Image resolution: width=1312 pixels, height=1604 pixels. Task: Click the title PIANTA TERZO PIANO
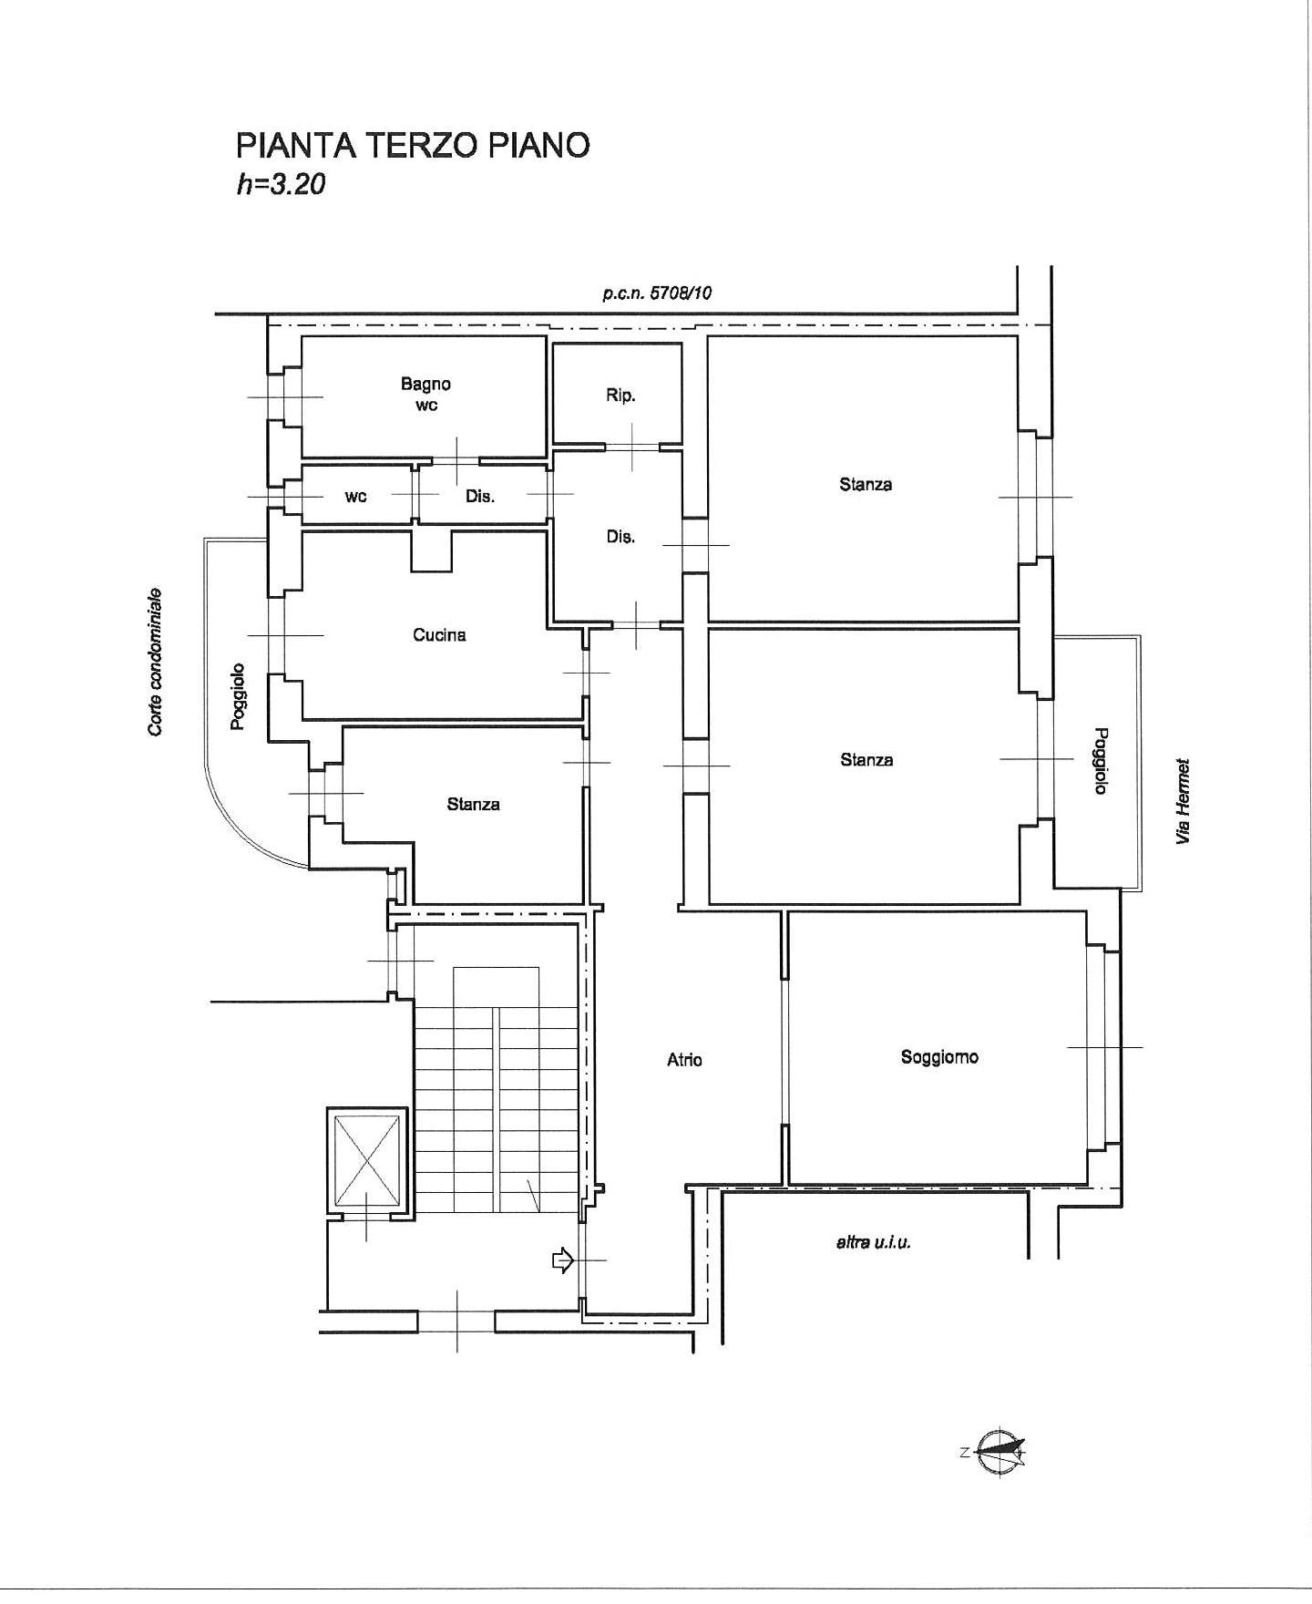[x=413, y=146]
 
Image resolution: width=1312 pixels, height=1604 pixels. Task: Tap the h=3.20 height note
[x=281, y=185]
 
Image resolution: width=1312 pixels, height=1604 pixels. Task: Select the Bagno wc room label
[x=426, y=395]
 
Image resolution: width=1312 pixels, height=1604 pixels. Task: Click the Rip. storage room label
[x=620, y=396]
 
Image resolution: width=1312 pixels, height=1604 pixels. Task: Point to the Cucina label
[x=439, y=634]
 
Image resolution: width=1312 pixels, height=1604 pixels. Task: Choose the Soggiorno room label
[x=939, y=1057]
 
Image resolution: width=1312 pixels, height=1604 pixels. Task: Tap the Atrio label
[x=684, y=1059]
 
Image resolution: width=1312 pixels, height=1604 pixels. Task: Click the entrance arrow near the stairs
[x=561, y=1260]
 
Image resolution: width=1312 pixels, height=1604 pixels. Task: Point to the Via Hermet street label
[x=1184, y=801]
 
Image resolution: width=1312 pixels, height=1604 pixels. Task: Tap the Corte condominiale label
[x=156, y=661]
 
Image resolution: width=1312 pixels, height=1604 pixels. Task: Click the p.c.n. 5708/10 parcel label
[x=657, y=293]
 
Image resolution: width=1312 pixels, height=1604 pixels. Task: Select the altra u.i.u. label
[x=873, y=1242]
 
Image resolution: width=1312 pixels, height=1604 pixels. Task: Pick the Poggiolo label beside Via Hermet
[x=1101, y=760]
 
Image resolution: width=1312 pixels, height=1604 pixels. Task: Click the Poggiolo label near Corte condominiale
[x=238, y=695]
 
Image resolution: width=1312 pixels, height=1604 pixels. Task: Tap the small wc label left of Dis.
[x=355, y=497]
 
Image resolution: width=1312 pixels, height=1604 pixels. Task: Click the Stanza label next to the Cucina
[x=473, y=804]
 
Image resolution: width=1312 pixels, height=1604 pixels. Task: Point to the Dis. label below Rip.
[x=620, y=537]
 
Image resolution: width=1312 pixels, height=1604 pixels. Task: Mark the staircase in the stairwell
[x=497, y=1090]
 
